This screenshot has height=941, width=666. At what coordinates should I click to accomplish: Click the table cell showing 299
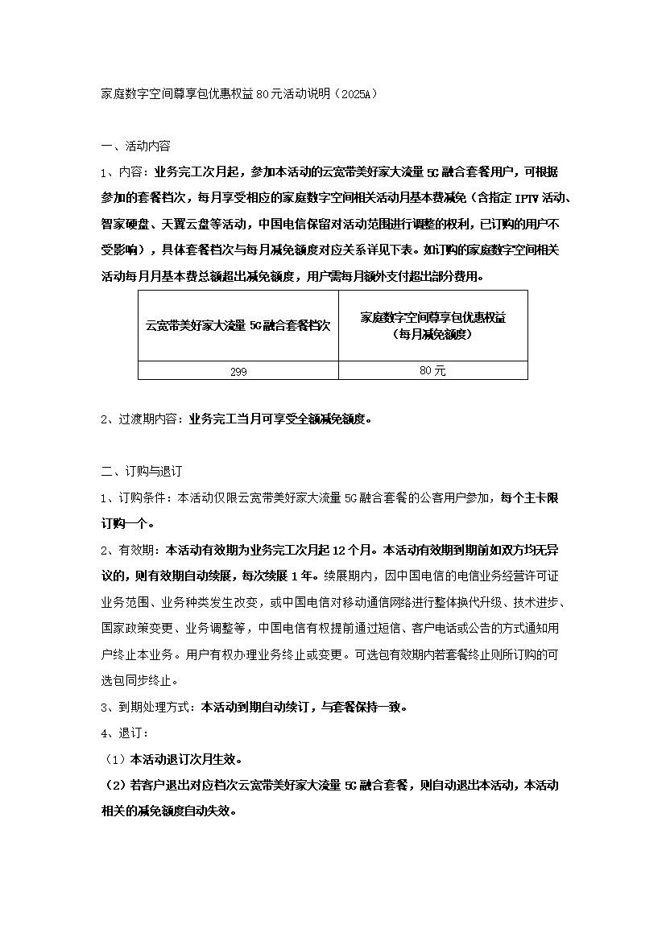click(x=238, y=371)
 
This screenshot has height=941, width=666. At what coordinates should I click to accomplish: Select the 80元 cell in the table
click(x=432, y=370)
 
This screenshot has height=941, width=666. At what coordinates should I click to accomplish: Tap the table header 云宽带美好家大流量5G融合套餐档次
click(x=238, y=325)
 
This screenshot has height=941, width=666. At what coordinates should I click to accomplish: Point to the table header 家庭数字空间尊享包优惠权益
click(x=432, y=318)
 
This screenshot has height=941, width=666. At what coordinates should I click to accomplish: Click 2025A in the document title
click(x=351, y=94)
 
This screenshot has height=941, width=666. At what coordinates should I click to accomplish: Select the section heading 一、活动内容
click(x=135, y=147)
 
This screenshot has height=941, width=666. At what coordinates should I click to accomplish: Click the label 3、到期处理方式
click(x=148, y=708)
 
